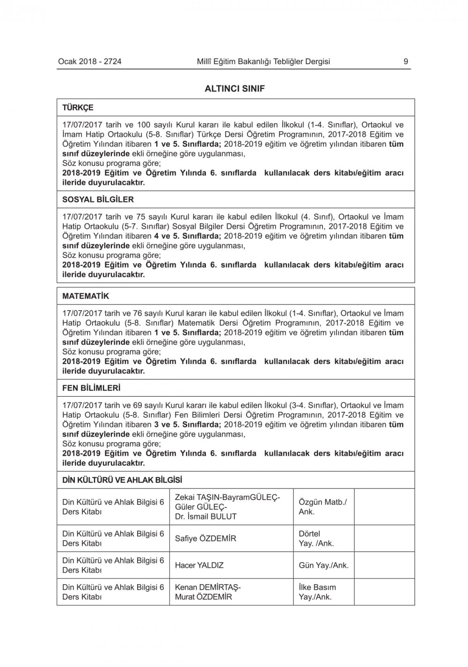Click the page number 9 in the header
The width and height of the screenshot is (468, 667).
click(406, 61)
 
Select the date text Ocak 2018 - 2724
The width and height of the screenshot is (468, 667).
click(90, 61)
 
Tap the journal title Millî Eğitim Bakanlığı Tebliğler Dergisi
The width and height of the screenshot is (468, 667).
click(263, 61)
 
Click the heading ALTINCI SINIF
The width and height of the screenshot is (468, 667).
click(234, 89)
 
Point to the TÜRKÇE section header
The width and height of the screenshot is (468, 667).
click(78, 108)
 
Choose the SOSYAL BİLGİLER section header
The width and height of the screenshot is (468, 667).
click(98, 200)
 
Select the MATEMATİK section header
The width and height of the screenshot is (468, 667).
click(86, 296)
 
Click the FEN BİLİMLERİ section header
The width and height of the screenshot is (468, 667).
click(91, 388)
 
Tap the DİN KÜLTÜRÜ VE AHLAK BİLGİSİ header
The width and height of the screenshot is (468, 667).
click(122, 480)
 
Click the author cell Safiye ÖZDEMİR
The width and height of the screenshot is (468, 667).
click(205, 539)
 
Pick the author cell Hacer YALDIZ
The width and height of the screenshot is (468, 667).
click(199, 565)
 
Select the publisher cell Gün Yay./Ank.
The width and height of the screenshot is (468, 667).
click(323, 565)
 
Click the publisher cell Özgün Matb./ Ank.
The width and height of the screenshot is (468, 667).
click(322, 507)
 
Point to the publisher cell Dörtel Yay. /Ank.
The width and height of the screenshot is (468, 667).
click(316, 539)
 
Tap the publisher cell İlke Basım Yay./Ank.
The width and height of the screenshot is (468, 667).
click(317, 592)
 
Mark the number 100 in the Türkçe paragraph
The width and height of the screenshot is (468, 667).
click(143, 125)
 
